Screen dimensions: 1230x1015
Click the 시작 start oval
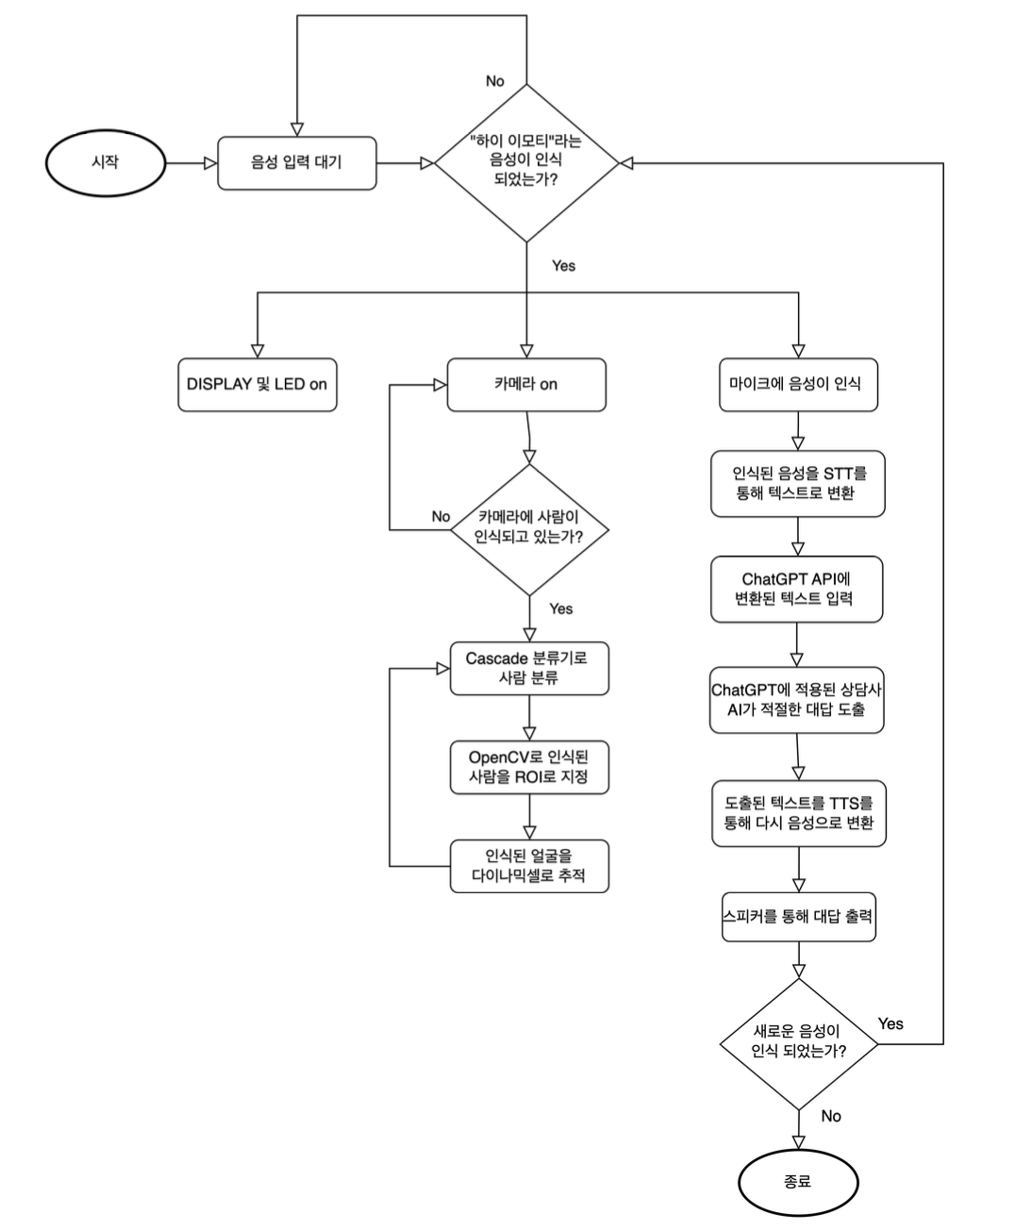105,162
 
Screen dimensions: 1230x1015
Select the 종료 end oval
797,1181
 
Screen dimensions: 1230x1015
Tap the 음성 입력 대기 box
296,163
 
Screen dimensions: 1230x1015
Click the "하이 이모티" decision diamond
526,162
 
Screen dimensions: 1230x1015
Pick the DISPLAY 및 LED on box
257,384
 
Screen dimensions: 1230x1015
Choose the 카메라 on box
525,384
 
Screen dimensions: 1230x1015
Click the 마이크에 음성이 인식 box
797,384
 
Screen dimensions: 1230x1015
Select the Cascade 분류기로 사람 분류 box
528,668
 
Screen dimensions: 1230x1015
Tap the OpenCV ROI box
528,767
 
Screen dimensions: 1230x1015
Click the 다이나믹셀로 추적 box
528,866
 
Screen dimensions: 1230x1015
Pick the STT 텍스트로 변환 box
798,483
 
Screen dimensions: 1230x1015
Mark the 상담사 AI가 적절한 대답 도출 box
796,700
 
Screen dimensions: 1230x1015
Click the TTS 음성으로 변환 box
798,813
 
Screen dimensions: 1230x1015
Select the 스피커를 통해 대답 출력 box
798,916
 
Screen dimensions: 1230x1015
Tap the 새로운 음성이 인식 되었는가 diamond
798,1042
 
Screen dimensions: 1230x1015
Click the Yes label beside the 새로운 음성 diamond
890,1023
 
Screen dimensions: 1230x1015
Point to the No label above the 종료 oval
831,1116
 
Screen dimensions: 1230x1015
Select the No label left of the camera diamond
441,516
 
